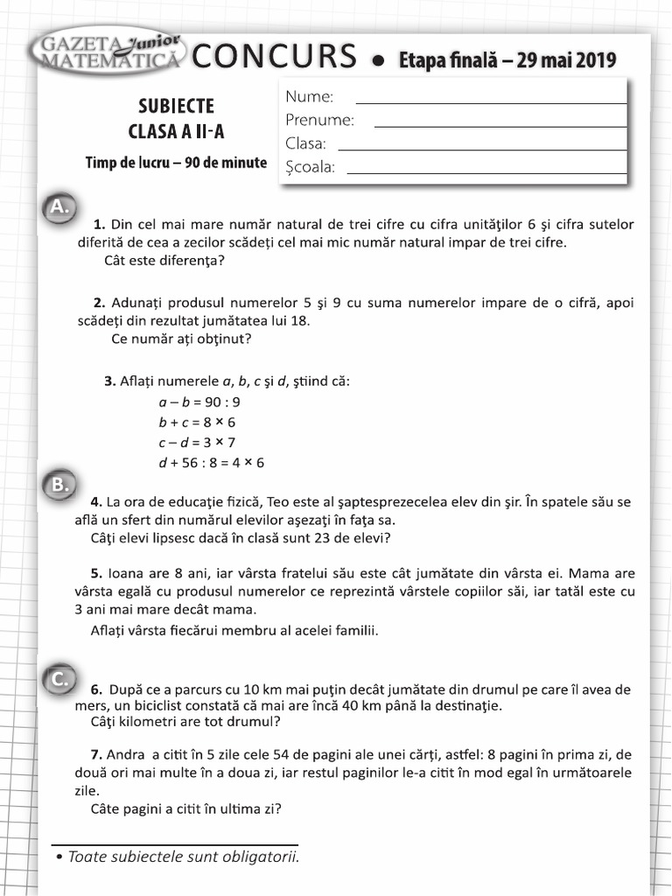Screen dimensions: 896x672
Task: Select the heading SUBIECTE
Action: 176,106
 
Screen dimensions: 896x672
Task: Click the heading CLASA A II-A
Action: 176,133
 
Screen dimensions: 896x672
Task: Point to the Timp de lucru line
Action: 176,163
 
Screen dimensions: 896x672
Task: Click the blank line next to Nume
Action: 491,102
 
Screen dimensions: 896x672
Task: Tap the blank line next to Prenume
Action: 500,126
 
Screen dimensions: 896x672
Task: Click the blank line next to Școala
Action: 486,173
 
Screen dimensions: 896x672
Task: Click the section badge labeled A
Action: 59,206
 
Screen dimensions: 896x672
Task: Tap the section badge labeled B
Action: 59,485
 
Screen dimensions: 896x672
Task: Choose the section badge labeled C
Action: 59,678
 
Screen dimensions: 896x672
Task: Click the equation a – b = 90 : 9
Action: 199,402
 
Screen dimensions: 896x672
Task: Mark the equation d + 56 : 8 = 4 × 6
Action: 211,462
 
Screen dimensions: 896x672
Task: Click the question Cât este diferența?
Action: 164,260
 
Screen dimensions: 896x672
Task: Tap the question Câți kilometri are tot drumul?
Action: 185,722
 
